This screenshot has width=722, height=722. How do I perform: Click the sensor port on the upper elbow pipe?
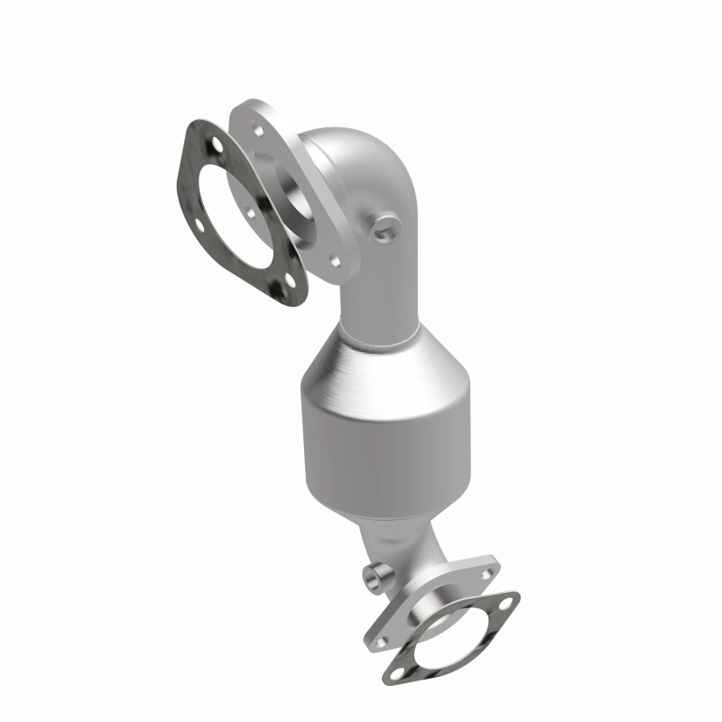click(385, 228)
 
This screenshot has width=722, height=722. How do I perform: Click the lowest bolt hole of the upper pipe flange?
click(335, 261)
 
